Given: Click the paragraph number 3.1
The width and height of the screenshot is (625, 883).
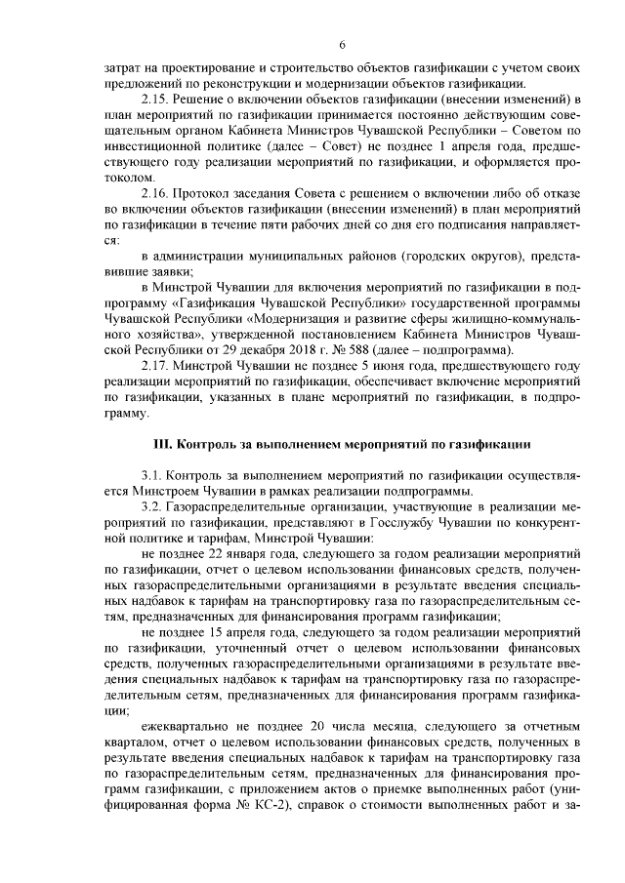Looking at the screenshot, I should pyautogui.click(x=153, y=475).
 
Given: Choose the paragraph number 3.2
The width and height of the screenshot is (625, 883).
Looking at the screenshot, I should pyautogui.click(x=153, y=507).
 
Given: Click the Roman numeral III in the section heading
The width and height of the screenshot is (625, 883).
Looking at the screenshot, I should pyautogui.click(x=162, y=444).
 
